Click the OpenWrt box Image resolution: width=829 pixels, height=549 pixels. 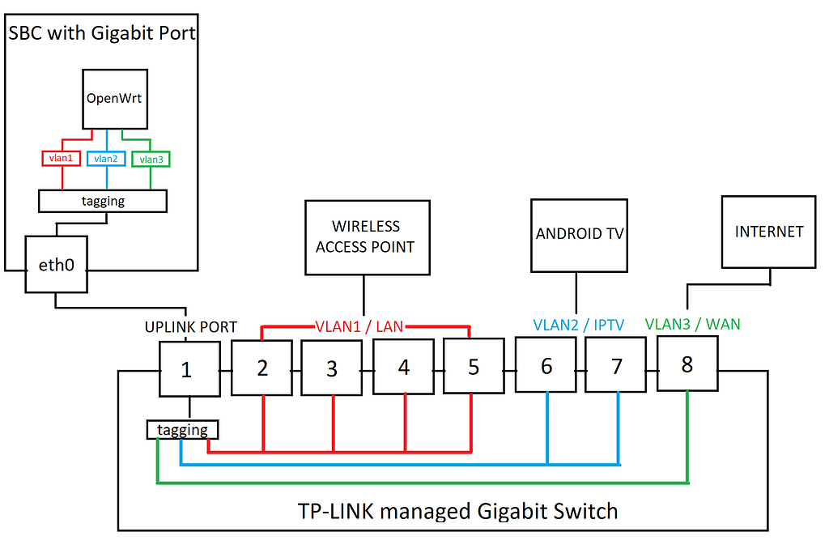(115, 98)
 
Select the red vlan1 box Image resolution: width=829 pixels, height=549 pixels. (60, 159)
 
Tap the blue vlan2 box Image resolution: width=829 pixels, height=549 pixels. (106, 159)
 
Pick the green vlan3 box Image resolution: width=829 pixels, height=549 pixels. (151, 160)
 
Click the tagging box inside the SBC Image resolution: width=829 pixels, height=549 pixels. (103, 201)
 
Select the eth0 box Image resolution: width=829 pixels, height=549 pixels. (57, 265)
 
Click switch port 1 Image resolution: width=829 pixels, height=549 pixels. (189, 369)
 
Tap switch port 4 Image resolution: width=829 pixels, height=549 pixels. (403, 367)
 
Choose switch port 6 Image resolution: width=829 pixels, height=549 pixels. (546, 366)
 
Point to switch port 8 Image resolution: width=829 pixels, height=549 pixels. (687, 364)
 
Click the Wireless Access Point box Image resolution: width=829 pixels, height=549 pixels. (366, 236)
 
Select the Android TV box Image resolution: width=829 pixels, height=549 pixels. (579, 234)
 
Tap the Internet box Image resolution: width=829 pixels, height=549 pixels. (768, 232)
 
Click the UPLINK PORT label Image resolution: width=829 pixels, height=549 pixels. (190, 327)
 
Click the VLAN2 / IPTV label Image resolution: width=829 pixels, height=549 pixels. (580, 325)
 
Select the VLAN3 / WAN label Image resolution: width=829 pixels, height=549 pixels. (692, 324)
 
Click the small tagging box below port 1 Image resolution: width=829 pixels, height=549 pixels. (183, 430)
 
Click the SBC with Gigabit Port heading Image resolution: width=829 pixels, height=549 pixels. (101, 33)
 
